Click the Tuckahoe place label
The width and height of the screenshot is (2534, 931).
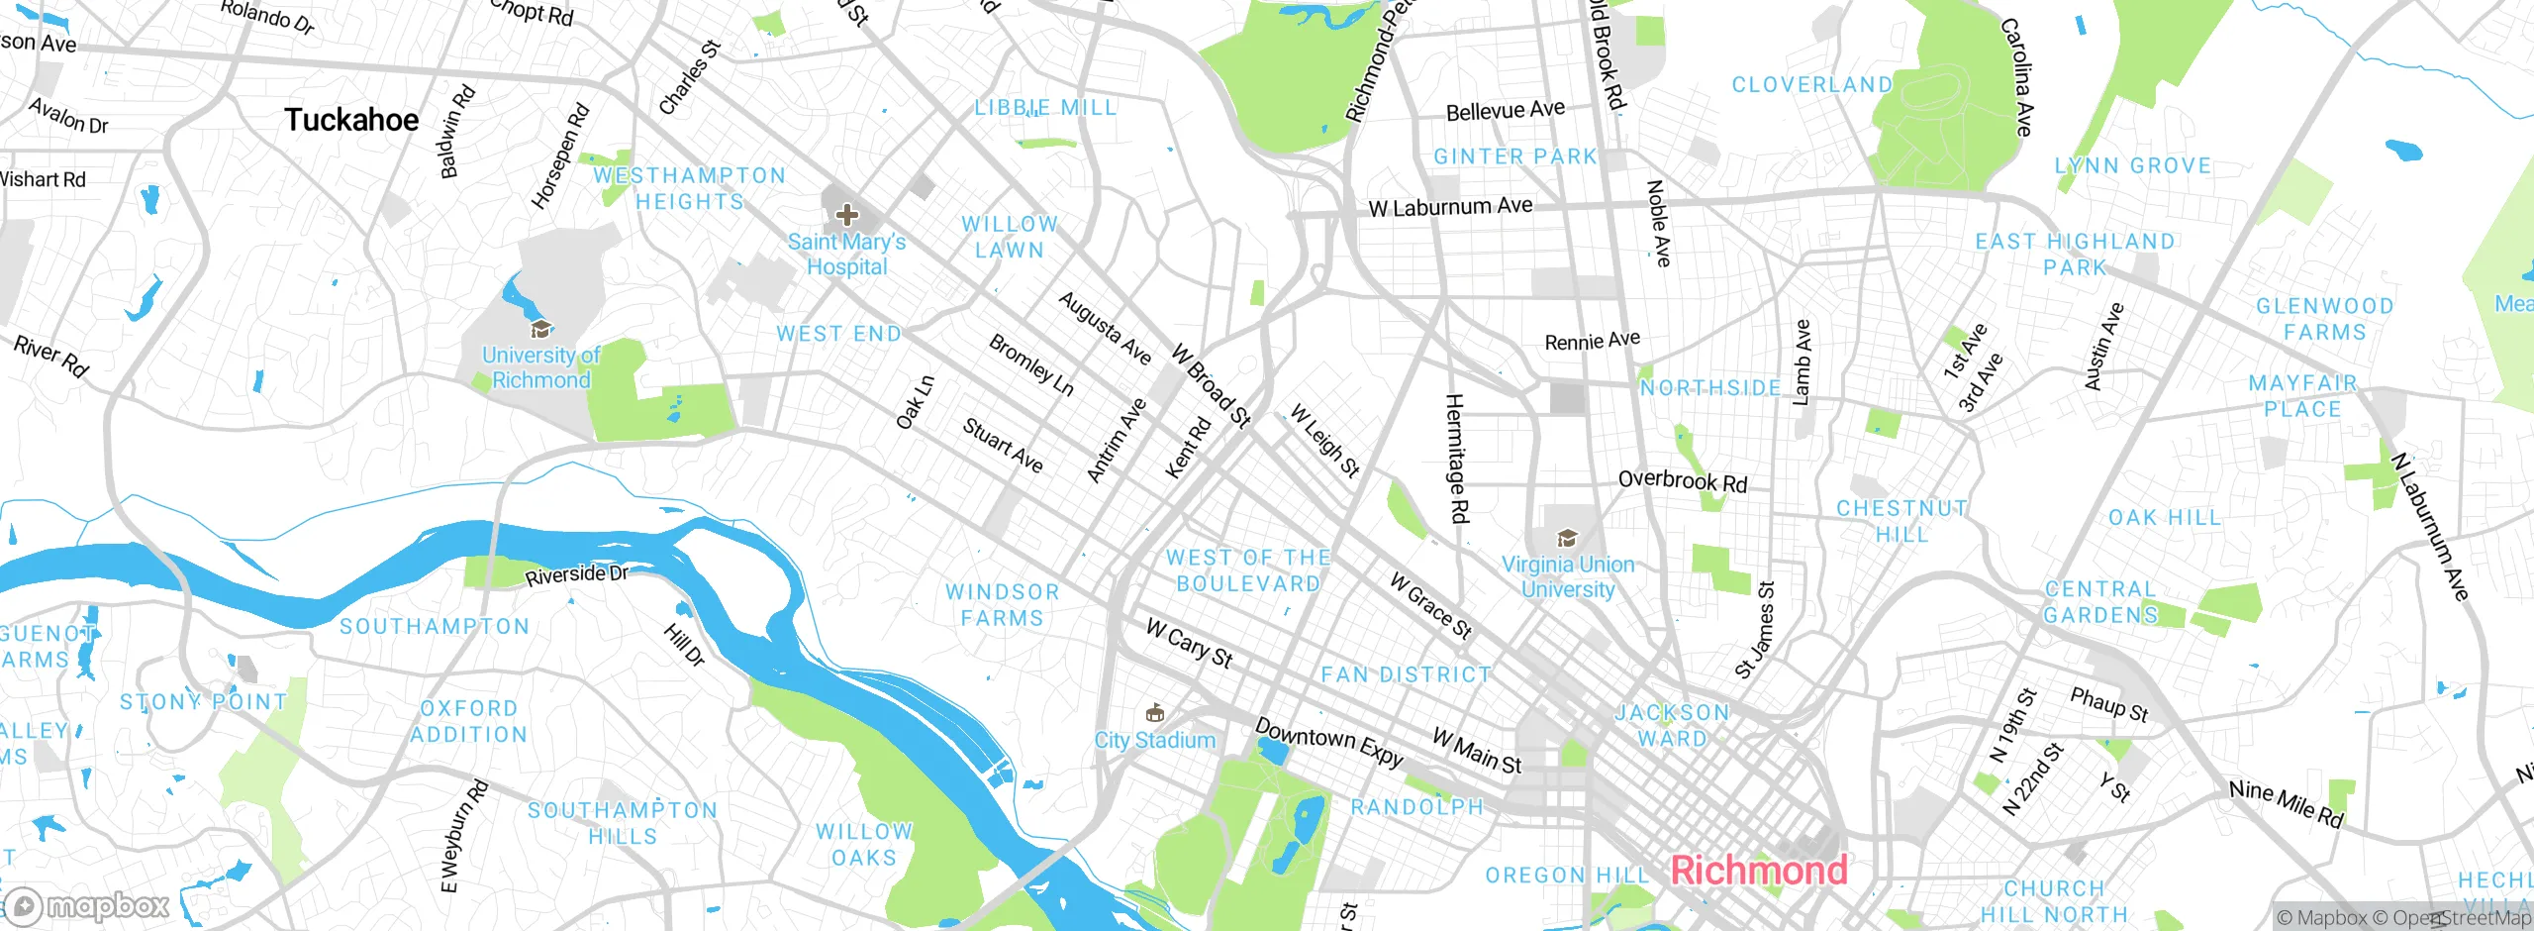pos(351,120)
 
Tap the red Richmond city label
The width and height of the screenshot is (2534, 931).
pos(1759,871)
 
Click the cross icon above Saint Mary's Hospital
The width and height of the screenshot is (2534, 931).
pos(846,214)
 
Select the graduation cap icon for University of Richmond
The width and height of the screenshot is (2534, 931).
pos(540,330)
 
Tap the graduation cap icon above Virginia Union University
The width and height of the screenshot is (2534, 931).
pos(1567,539)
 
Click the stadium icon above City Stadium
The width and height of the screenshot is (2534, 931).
pos(1154,713)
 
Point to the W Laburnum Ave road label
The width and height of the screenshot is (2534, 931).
pos(1450,207)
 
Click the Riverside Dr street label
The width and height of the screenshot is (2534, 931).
pos(576,574)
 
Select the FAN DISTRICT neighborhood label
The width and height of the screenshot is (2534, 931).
pos(1406,675)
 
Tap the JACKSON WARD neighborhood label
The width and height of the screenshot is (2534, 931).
pos(1672,725)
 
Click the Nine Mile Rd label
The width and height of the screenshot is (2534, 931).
pos(2287,803)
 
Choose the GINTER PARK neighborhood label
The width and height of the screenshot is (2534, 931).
pos(1515,156)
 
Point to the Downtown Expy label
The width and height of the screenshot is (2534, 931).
pos(1329,743)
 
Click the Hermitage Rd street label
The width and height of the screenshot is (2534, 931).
pos(1457,458)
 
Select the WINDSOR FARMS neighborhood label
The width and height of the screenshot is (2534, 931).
pos(1002,605)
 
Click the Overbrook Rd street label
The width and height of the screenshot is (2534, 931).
pos(1683,481)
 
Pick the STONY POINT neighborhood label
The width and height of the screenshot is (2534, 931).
pos(203,702)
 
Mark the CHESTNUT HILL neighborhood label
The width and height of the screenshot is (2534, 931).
pos(1901,521)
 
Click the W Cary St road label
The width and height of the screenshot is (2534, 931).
pos(1189,644)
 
